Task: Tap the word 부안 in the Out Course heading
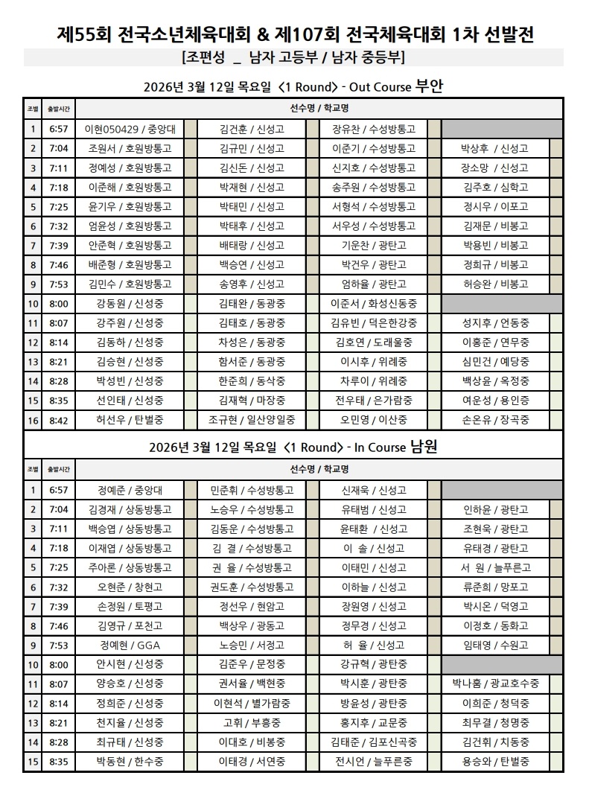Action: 429,86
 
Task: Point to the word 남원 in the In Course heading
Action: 422,447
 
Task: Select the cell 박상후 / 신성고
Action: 495,148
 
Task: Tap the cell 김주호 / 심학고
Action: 495,187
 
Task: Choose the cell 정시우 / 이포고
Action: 495,206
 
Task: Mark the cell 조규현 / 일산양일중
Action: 252,420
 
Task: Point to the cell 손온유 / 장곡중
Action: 495,420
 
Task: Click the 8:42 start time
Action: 58,420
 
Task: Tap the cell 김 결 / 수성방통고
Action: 252,548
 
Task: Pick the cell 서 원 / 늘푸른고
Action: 495,567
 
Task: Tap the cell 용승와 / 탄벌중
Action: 495,762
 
